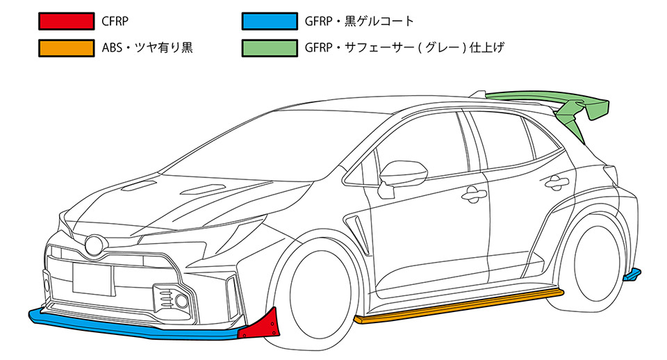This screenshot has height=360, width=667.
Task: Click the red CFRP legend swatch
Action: coord(67,22)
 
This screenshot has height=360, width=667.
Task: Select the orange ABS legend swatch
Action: coord(67,48)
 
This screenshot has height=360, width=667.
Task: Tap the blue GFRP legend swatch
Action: coord(270,22)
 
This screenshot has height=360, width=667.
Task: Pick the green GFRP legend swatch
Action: coord(270,48)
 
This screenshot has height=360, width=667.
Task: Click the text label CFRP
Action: coord(115,22)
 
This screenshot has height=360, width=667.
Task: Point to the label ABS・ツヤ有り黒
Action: coord(147,48)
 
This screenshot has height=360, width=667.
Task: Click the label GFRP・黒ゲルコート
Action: coord(359,22)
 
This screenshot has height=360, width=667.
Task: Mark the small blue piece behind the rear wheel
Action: coord(632,275)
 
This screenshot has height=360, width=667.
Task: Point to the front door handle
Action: coord(473,195)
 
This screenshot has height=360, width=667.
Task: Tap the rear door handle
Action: coord(557,182)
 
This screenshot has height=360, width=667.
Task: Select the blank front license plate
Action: coord(92,279)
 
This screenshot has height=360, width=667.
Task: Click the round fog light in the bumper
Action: coord(181,301)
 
